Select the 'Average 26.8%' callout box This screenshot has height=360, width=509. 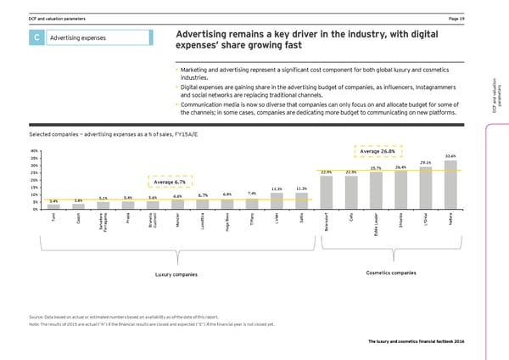coord(378,152)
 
